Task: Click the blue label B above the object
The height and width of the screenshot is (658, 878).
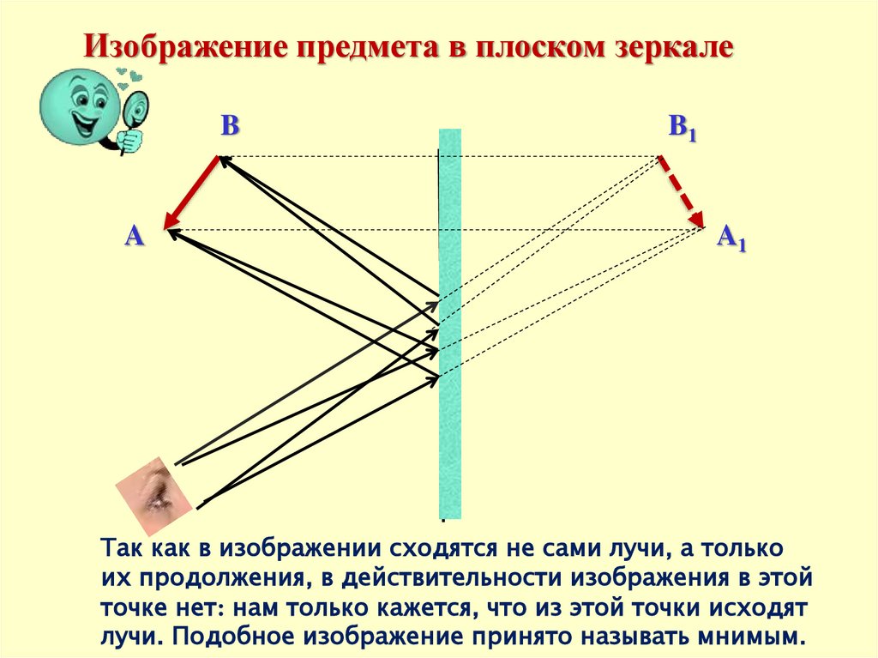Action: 230,127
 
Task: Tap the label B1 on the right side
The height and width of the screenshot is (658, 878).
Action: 683,129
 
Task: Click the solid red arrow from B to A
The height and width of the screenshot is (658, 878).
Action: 193,192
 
